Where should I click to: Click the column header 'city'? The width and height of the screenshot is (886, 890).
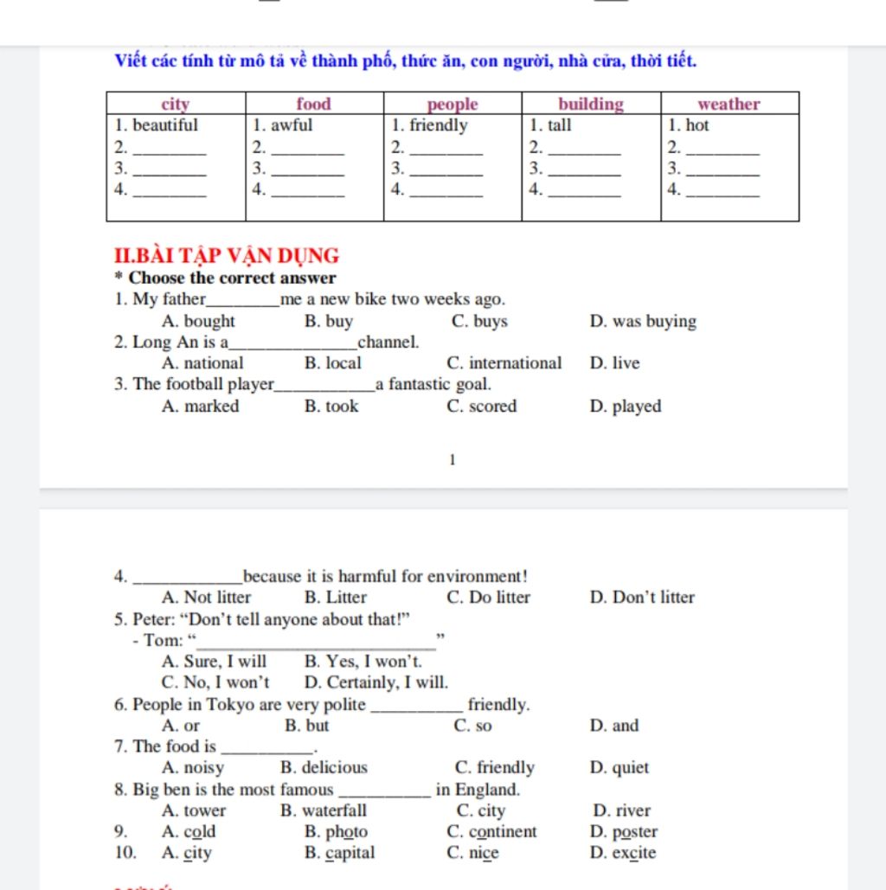click(x=176, y=105)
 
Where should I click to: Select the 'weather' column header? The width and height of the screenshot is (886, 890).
click(x=729, y=105)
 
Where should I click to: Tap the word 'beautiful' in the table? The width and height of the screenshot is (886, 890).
click(x=164, y=125)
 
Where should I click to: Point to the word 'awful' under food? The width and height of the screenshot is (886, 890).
click(x=292, y=125)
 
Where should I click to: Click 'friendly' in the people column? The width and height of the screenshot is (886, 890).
click(x=439, y=125)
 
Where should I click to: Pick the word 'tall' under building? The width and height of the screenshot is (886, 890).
click(x=560, y=125)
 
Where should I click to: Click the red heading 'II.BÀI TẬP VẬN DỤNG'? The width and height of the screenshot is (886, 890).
click(x=227, y=256)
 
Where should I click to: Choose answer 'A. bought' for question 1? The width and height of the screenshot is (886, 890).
click(x=198, y=322)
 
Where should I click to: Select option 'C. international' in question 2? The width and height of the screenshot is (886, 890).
click(x=504, y=363)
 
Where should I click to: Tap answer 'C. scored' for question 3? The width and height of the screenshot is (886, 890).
click(x=481, y=407)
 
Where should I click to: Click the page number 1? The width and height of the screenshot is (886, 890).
click(x=452, y=460)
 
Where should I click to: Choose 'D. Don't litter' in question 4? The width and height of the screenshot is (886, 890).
click(x=642, y=598)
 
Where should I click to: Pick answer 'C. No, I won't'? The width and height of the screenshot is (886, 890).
click(x=215, y=683)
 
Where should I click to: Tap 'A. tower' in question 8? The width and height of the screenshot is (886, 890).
click(x=194, y=811)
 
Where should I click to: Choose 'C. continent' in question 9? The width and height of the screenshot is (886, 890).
click(x=491, y=832)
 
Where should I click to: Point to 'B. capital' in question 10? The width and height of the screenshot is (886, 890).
click(x=339, y=854)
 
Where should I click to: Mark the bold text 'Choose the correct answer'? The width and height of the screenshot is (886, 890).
click(x=232, y=279)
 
